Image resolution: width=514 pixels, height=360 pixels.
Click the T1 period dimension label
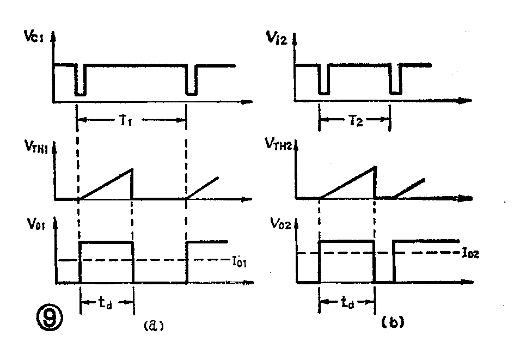pyautogui.click(x=133, y=121)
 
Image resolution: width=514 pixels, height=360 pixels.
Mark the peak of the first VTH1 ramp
pyautogui.click(x=132, y=169)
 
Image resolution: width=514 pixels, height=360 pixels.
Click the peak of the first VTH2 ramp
pyautogui.click(x=375, y=167)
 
